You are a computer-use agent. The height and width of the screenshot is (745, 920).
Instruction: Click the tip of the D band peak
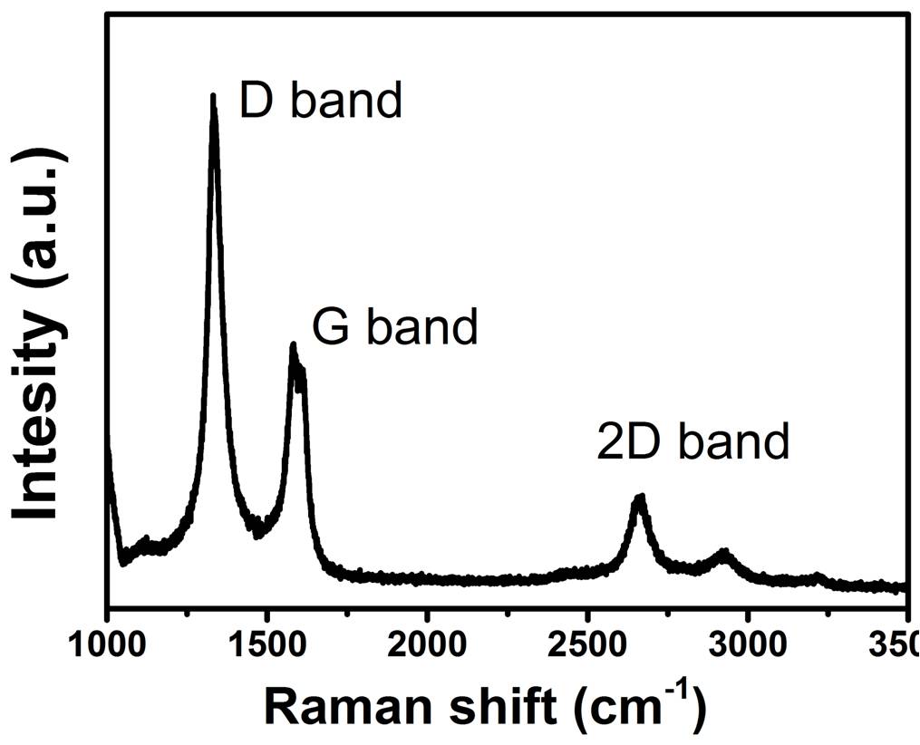(x=213, y=96)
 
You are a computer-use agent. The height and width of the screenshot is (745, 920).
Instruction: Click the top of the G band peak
(x=293, y=345)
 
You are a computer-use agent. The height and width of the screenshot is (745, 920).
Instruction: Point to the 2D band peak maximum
(x=640, y=497)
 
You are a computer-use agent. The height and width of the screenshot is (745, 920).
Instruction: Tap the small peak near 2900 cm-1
(x=723, y=551)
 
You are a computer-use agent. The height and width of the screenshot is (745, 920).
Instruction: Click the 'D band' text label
(x=320, y=101)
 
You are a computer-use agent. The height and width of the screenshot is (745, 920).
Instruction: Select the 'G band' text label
(x=394, y=327)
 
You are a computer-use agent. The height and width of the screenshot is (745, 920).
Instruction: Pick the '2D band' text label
(x=693, y=441)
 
